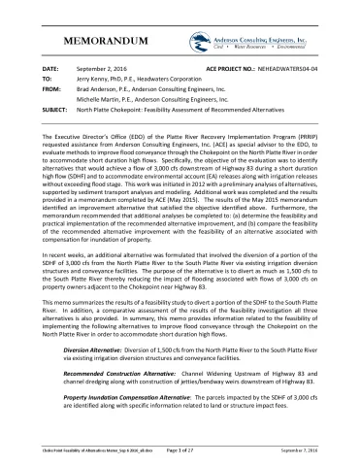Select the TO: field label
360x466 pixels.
[48, 81]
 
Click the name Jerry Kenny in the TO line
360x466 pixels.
[100, 81]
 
